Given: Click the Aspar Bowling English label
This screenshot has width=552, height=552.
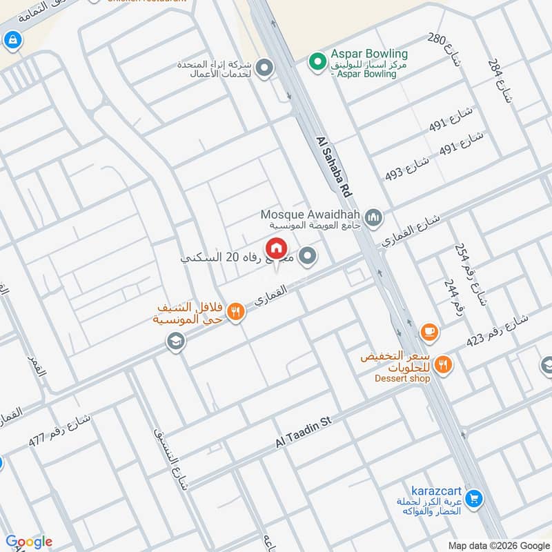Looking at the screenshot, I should pyautogui.click(x=368, y=54).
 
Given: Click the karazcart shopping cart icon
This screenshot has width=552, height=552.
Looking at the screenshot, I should pyautogui.click(x=473, y=497).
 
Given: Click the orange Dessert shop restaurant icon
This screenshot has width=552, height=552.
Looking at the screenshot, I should pyautogui.click(x=443, y=364).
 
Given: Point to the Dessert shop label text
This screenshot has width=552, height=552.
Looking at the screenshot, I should pyautogui.click(x=402, y=378).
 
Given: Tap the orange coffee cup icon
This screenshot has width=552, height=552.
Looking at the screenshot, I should pyautogui.click(x=429, y=333).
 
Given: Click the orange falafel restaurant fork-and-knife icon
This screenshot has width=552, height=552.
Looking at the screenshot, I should pyautogui.click(x=236, y=312).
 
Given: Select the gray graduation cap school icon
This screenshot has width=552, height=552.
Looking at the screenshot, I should pyautogui.click(x=176, y=341).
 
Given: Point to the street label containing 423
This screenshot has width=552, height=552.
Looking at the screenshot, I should pyautogui.click(x=497, y=330).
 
